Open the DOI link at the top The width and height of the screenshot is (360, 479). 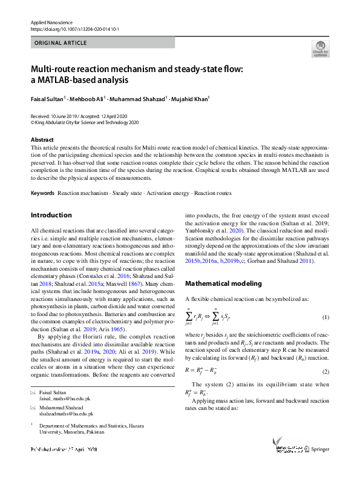[74, 28]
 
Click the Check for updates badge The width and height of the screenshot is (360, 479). [320, 48]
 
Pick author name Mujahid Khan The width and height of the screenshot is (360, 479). [189, 99]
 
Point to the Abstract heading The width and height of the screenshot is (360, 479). [42, 140]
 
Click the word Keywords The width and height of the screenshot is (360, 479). [42, 193]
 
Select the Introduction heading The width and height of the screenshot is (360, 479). [51, 215]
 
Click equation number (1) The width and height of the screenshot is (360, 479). [325, 318]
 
